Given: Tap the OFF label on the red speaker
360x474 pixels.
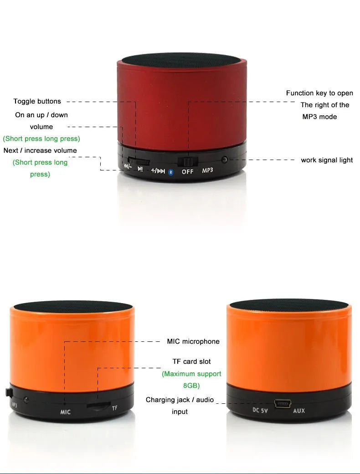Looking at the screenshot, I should coord(187,171).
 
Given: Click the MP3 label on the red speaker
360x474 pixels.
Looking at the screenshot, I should coord(207,170).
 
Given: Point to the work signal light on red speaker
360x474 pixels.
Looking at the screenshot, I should coord(224,160).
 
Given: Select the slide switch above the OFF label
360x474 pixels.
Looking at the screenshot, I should coord(186,161).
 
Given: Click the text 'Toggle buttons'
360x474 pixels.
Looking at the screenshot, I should coord(37,101).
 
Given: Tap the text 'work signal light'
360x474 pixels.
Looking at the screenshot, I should coord(327,160).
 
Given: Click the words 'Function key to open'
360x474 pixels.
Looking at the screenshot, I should coord(319,93).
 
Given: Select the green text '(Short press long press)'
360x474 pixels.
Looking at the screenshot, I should coord(41,139).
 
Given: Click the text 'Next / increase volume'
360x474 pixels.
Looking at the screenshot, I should coord(40,150).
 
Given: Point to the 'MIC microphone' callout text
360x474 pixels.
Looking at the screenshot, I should coord(193,341).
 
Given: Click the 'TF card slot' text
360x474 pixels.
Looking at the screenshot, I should coord(191,361).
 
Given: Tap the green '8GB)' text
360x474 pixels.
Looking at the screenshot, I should coord(191,386).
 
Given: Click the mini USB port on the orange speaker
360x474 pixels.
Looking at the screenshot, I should coord(282,404).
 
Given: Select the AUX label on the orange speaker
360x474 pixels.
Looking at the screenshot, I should coord(299,411).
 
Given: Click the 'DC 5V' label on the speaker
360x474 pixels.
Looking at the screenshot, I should coord(260,410).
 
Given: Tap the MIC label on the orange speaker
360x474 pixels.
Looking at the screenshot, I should coord(66,412).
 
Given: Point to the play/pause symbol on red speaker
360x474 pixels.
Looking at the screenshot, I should coord(140,169).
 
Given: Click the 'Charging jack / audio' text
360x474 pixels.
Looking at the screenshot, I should coord(180,400).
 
